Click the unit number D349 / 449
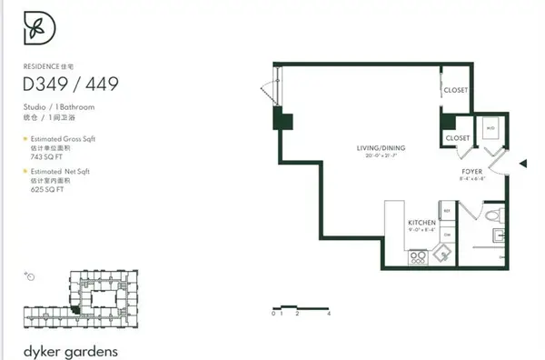[x=70, y=85]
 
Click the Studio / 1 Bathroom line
[x=59, y=106]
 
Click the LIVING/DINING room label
[x=381, y=147]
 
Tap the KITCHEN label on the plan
[x=421, y=223]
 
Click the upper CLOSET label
[x=455, y=90]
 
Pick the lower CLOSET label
[x=457, y=138]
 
